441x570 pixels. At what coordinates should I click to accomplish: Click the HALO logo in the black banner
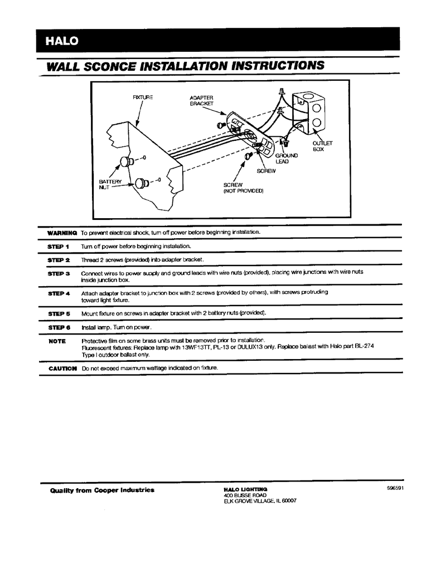pos(62,41)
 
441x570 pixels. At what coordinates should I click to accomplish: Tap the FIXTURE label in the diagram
pos(143,97)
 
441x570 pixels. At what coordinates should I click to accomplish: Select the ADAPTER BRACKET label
pos(201,101)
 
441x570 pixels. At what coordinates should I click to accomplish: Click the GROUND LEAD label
pos(287,158)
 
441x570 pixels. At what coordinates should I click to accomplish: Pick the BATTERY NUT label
pos(110,185)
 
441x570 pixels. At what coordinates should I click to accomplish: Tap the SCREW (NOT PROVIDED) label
pos(243,188)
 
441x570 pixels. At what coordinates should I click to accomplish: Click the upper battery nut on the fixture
pos(128,162)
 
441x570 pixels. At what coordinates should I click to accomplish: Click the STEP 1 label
pos(59,246)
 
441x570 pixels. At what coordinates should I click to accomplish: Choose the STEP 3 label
pos(59,274)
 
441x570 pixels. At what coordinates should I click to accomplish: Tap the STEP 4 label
pos(59,293)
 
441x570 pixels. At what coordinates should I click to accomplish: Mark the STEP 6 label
pos(59,327)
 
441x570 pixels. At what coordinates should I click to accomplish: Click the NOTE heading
pos(57,341)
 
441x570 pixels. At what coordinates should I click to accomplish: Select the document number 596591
pos(395,488)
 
